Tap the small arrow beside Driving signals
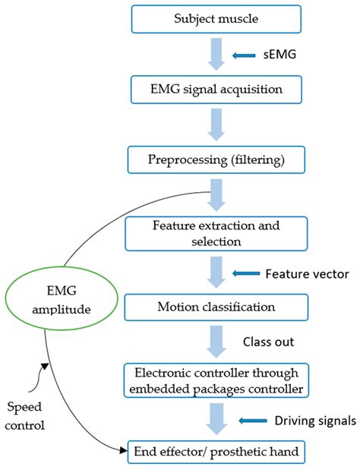pos(251,419)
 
